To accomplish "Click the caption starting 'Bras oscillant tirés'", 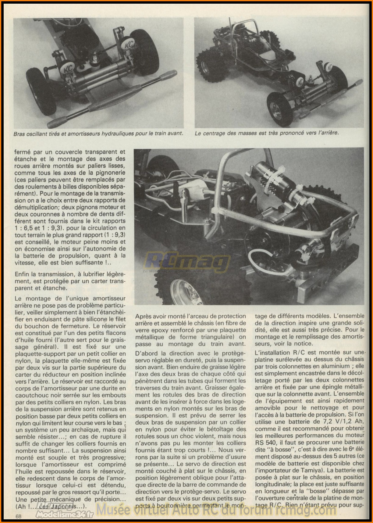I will (x=98, y=133).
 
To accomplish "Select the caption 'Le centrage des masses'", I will (x=267, y=133).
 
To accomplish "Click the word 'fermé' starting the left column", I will (x=23, y=151).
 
